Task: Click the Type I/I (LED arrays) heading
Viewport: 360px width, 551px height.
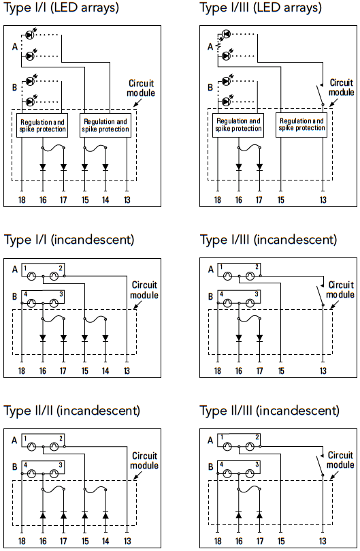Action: click(61, 7)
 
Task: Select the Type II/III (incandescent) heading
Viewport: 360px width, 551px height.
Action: click(269, 411)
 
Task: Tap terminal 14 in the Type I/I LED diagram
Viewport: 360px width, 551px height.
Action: click(105, 200)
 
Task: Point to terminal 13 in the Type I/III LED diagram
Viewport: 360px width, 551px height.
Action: click(323, 200)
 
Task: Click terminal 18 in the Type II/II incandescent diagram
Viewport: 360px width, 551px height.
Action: click(22, 541)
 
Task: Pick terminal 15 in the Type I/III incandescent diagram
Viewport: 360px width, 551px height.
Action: click(281, 371)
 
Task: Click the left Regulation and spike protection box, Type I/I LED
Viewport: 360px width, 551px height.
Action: click(42, 125)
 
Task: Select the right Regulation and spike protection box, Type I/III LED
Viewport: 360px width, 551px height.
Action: click(301, 125)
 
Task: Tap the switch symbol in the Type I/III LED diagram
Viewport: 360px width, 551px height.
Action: click(321, 94)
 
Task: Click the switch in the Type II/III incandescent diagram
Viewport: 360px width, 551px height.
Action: click(321, 465)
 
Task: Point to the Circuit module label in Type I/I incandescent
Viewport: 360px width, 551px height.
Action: click(144, 290)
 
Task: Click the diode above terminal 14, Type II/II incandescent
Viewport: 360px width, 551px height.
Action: click(105, 515)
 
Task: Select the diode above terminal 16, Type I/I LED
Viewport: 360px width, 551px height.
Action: click(43, 167)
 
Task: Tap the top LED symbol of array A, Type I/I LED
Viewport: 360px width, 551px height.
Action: click(31, 35)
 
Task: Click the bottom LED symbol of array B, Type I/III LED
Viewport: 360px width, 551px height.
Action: click(227, 101)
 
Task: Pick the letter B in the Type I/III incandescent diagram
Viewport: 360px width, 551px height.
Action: click(210, 296)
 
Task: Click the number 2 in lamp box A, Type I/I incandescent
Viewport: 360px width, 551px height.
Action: click(61, 268)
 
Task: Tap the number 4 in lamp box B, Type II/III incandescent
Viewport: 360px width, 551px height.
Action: click(221, 465)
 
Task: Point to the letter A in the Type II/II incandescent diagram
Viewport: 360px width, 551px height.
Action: click(14, 440)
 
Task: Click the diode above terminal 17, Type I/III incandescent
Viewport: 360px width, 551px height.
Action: click(259, 338)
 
